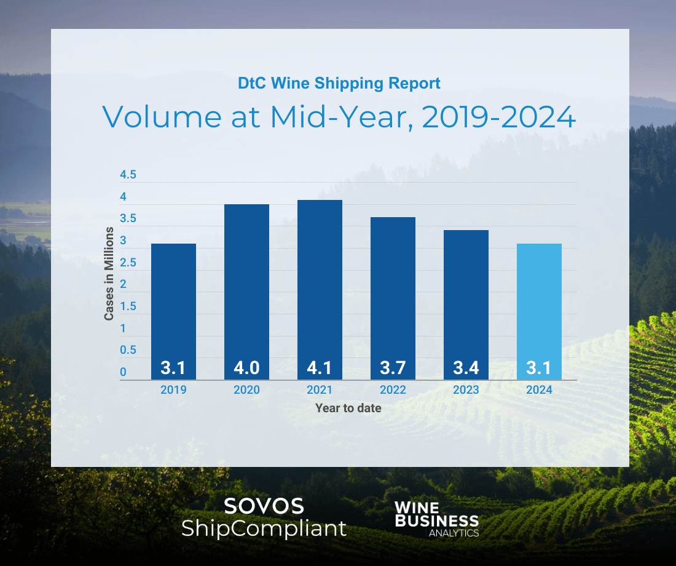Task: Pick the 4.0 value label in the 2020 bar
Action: tap(246, 369)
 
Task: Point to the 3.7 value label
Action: tap(393, 369)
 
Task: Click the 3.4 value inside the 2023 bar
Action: tap(466, 369)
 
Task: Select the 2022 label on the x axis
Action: tap(393, 390)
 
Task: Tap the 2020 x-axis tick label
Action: tap(246, 390)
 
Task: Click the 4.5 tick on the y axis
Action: tap(128, 175)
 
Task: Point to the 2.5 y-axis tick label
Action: tap(128, 263)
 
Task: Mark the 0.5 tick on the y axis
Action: tap(128, 350)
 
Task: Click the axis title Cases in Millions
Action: tap(109, 274)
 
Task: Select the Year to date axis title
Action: tap(348, 408)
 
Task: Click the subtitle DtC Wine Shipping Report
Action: tap(339, 83)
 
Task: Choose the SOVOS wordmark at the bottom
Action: tap(264, 506)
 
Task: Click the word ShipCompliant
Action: tap(264, 528)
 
